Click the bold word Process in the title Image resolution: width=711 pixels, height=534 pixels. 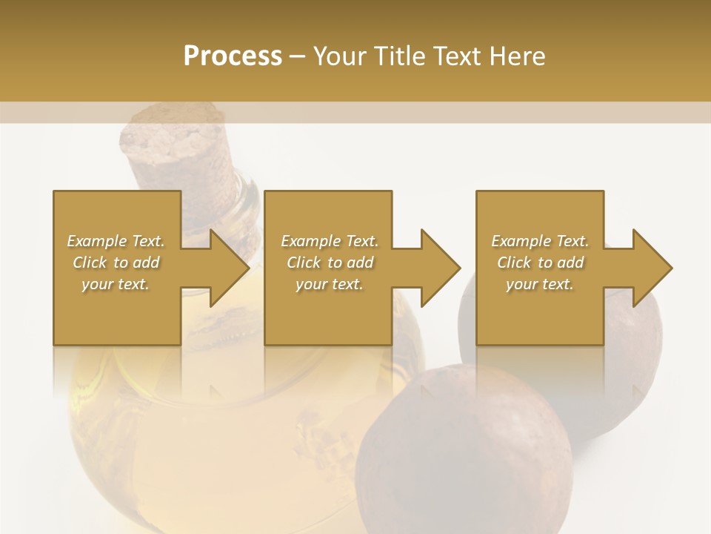click(x=233, y=56)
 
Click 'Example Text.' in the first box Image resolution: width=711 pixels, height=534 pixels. click(x=116, y=241)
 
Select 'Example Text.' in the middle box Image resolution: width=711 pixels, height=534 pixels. click(x=330, y=241)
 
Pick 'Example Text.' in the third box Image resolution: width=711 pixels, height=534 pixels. click(x=540, y=241)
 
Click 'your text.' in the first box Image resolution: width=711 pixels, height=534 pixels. click(x=116, y=284)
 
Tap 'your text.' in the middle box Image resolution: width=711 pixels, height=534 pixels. click(x=330, y=284)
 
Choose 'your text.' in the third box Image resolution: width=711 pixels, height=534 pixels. click(x=540, y=284)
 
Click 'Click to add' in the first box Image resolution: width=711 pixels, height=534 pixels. click(x=116, y=263)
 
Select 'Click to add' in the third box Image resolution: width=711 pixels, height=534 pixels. click(x=540, y=263)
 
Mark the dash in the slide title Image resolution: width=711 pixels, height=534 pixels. click(x=297, y=57)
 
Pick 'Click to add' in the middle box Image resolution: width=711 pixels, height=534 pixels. click(x=330, y=263)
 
